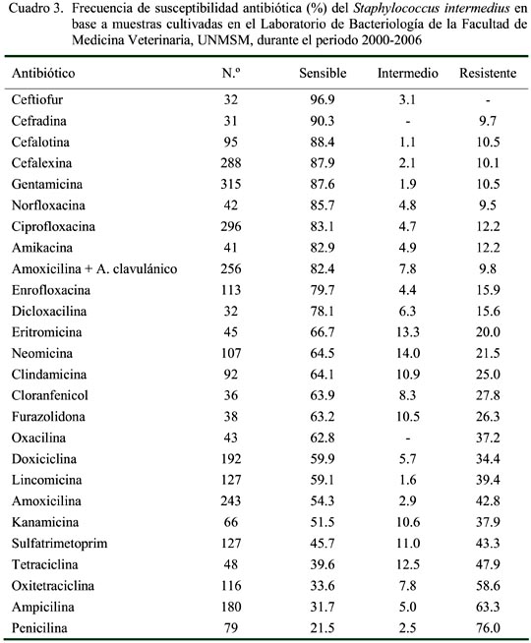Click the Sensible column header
point(323,73)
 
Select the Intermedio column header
point(407,73)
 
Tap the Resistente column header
point(488,73)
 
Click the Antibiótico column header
point(43,73)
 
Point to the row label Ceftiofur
point(37,99)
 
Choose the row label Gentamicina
point(47,184)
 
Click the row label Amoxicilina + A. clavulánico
point(94,269)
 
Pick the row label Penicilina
point(39,628)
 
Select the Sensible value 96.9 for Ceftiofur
point(323,99)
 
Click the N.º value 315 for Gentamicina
point(231,184)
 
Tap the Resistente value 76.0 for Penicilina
point(488,628)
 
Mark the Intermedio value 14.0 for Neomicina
point(407,353)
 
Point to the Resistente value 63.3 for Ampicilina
point(488,607)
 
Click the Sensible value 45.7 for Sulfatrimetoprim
point(323,544)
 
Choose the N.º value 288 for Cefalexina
point(231,163)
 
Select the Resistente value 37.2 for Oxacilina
point(488,438)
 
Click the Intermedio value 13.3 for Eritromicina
point(407,332)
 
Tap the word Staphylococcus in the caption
point(396,8)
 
